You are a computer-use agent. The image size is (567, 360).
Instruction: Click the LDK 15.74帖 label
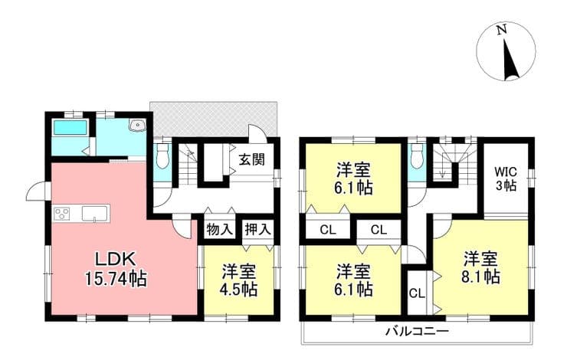point(116,269)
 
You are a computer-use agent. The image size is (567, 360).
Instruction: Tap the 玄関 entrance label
point(251,159)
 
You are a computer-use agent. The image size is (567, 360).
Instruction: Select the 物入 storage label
point(219,229)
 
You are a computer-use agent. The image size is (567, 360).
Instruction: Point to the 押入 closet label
point(257,229)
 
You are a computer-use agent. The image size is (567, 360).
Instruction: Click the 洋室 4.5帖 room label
point(239,280)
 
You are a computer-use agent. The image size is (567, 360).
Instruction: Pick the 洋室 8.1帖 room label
point(481,267)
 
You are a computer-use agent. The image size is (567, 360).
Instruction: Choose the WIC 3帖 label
point(506,178)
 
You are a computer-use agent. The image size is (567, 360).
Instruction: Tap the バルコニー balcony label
point(417,331)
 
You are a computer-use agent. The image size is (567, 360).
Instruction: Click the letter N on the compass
point(501,31)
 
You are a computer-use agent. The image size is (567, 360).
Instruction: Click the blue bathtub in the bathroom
point(70,128)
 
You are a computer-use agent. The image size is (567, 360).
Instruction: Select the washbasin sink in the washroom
point(137,125)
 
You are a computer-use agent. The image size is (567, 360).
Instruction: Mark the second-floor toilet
point(417,155)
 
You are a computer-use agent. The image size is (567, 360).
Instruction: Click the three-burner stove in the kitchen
point(62,213)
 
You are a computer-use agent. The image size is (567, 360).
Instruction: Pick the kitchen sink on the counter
point(95,213)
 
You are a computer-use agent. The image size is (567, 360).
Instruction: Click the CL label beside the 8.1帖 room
point(417,293)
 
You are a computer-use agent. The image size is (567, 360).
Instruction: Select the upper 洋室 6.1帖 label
point(354,178)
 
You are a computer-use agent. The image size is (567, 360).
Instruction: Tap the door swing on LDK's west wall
point(38,191)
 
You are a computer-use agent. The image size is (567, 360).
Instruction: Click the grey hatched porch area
point(213,119)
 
